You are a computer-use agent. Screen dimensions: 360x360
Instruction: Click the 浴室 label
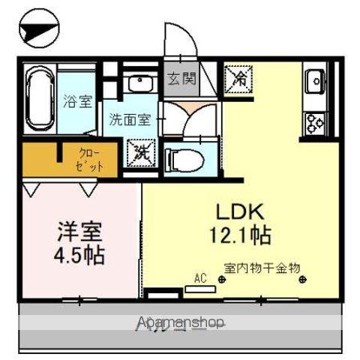coord(73,98)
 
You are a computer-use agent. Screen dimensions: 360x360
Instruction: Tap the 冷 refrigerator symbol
coord(239,76)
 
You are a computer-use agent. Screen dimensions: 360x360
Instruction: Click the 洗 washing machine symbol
coord(142,153)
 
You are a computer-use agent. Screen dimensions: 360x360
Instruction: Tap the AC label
coord(200,278)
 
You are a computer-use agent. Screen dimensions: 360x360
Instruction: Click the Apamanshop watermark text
coord(180,323)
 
